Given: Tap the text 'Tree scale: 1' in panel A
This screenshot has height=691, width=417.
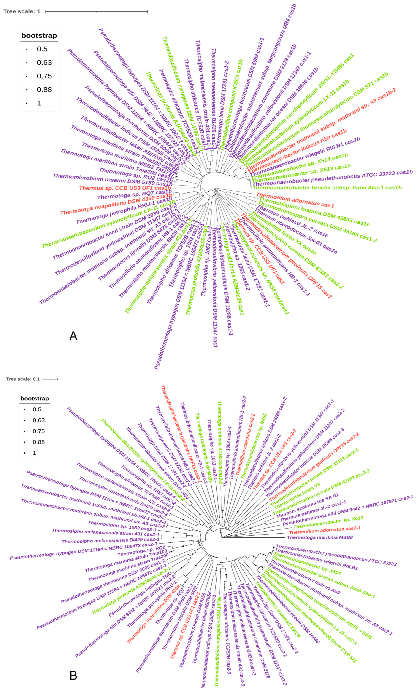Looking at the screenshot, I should click(22, 11).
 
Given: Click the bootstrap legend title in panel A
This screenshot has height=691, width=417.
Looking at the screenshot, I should click(39, 36).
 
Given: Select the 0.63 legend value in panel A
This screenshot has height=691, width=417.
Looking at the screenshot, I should click(44, 63).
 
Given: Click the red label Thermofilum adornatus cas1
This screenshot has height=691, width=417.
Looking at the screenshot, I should click(295, 200).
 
